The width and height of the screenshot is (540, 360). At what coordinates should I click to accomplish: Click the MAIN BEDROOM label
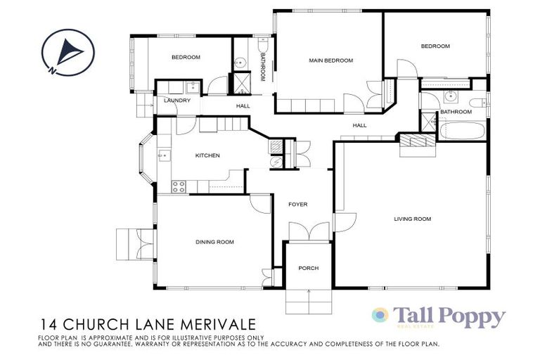(x=330, y=61)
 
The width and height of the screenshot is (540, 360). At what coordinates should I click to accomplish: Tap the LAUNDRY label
(x=177, y=101)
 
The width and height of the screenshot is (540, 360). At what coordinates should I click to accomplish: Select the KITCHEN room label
(x=208, y=155)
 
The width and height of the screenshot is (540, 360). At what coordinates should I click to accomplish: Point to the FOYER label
(x=298, y=205)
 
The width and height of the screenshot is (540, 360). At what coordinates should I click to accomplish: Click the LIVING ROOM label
(x=412, y=219)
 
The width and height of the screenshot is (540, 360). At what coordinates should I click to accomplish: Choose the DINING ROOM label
(x=214, y=243)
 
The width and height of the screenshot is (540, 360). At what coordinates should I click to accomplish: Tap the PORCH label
(x=309, y=269)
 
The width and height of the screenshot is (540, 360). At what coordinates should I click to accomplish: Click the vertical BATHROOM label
(x=262, y=67)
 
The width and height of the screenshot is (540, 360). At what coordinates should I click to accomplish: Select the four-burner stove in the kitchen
(x=179, y=186)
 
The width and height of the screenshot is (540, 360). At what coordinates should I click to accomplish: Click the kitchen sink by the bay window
(x=161, y=155)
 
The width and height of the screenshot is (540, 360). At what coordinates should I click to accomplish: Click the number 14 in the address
(x=49, y=326)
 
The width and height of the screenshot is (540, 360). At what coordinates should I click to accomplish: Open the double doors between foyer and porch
(x=309, y=233)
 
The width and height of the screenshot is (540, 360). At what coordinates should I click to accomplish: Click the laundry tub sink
(x=191, y=87)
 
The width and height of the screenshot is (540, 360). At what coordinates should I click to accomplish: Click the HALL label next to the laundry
(x=243, y=106)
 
